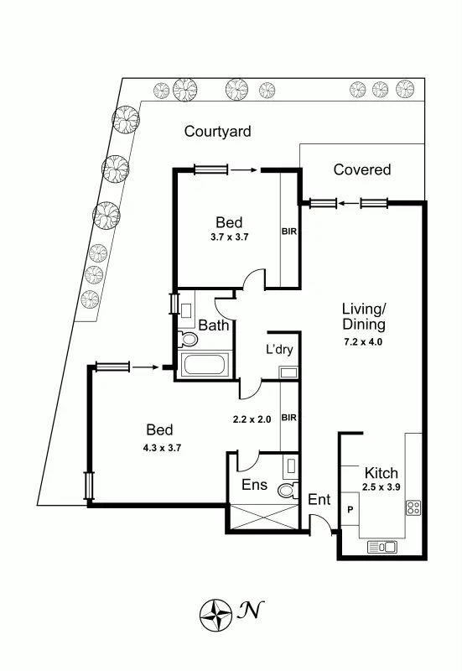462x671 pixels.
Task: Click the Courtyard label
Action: pyautogui.click(x=218, y=132)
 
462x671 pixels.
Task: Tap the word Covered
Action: pyautogui.click(x=362, y=169)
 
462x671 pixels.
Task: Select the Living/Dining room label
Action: pyautogui.click(x=363, y=316)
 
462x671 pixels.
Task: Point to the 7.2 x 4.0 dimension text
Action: pyautogui.click(x=363, y=341)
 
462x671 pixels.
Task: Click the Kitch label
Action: pyautogui.click(x=381, y=473)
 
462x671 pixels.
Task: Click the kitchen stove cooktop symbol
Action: pyautogui.click(x=413, y=507)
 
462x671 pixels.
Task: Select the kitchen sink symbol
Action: pyautogui.click(x=382, y=547)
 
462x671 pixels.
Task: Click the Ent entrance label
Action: pyautogui.click(x=319, y=500)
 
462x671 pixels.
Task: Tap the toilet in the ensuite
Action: pyautogui.click(x=287, y=490)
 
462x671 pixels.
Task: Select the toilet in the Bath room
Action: pyautogui.click(x=188, y=340)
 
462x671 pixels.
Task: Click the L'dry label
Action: pyautogui.click(x=279, y=350)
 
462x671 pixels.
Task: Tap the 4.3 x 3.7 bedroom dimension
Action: pyautogui.click(x=163, y=447)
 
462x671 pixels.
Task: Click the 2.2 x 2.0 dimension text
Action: pyautogui.click(x=252, y=419)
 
